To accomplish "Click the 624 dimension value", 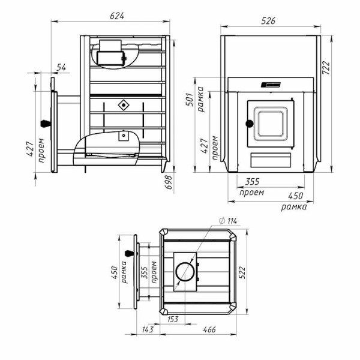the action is (x=117, y=16).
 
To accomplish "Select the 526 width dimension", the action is (x=268, y=21).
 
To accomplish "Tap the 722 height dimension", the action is (x=326, y=67).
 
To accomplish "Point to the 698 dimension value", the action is (x=169, y=182).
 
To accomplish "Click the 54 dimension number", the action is (x=61, y=67).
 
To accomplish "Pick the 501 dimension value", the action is (x=190, y=100).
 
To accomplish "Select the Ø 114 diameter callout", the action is (x=228, y=221).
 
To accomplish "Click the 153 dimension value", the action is (x=173, y=319).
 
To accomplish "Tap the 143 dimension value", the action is (x=148, y=329).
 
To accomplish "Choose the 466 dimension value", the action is (x=209, y=329).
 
